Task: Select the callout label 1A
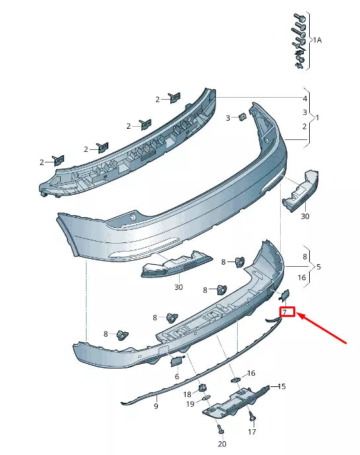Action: click(316, 40)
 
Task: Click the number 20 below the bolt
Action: click(221, 444)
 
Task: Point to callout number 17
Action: click(252, 433)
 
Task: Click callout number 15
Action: click(281, 386)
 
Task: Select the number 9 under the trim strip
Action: click(156, 406)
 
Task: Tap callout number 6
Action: click(177, 376)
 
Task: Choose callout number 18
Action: click(187, 394)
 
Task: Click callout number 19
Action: click(190, 403)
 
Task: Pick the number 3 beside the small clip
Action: click(228, 118)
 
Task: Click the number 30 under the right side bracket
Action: click(305, 215)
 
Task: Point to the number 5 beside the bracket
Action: click(319, 267)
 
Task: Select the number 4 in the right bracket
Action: click(305, 98)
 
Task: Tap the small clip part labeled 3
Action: click(242, 117)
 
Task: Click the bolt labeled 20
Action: click(220, 428)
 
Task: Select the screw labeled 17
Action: click(252, 416)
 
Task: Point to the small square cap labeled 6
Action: click(176, 360)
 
